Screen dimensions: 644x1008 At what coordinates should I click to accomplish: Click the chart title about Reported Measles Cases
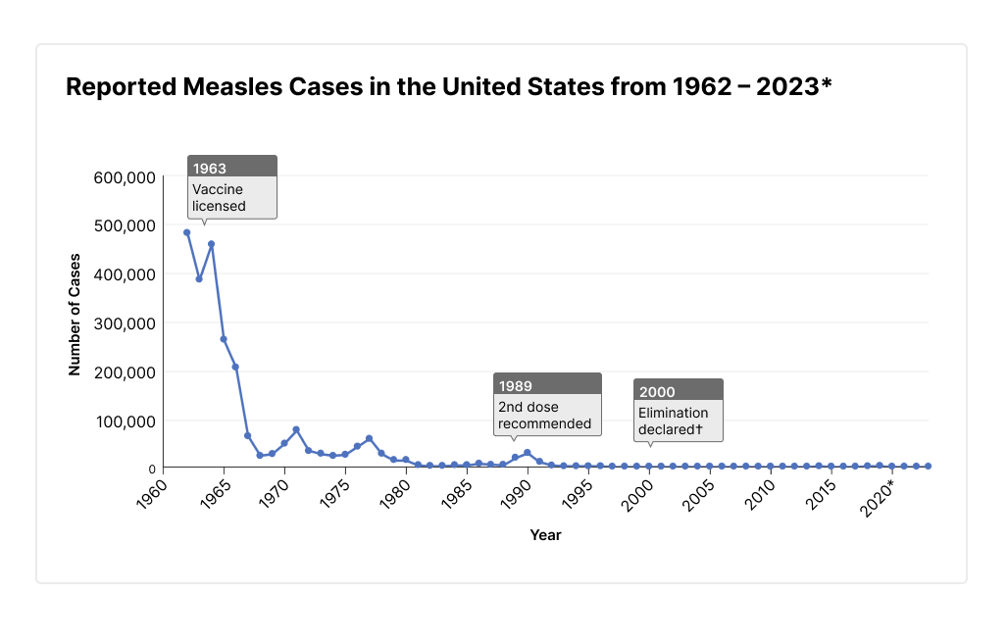click(448, 87)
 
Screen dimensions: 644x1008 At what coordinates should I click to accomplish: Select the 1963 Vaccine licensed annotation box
click(232, 186)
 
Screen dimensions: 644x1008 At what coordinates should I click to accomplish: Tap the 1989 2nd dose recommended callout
click(547, 404)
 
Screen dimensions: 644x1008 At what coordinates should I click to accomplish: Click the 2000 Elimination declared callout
click(678, 410)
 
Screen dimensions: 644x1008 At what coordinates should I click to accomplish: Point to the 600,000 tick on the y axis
click(124, 177)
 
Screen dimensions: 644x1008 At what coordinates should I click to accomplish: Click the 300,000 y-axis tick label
click(124, 323)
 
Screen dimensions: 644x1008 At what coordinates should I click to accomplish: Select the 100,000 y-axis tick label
click(124, 421)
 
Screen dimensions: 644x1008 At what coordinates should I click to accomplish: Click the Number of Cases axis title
click(75, 315)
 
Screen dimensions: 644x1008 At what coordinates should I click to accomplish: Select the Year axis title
click(545, 535)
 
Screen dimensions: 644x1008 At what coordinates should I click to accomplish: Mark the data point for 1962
click(186, 232)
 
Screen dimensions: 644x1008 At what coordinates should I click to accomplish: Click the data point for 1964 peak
click(211, 244)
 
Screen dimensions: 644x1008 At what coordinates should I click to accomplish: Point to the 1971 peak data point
click(296, 429)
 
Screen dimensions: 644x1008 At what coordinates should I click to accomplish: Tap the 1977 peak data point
click(369, 438)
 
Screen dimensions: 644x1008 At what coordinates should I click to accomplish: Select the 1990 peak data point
click(528, 453)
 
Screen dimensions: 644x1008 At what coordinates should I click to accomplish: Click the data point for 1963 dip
click(199, 279)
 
